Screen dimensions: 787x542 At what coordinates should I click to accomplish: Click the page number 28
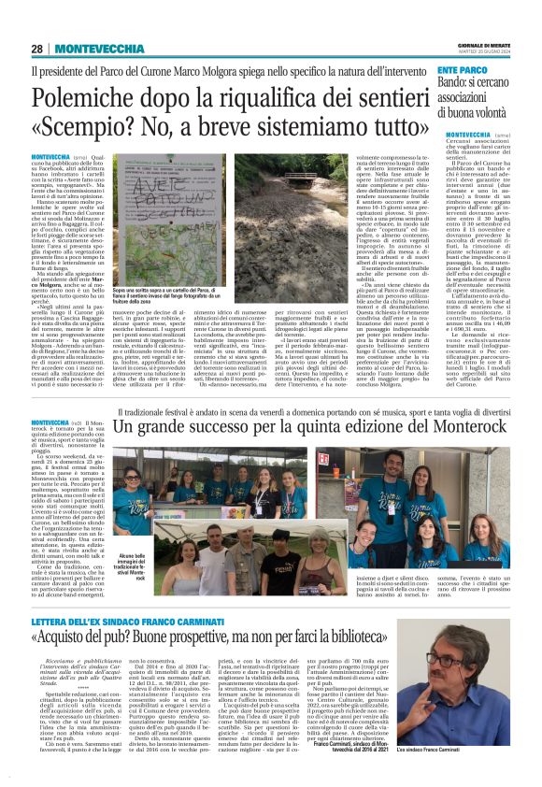click(38, 48)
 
